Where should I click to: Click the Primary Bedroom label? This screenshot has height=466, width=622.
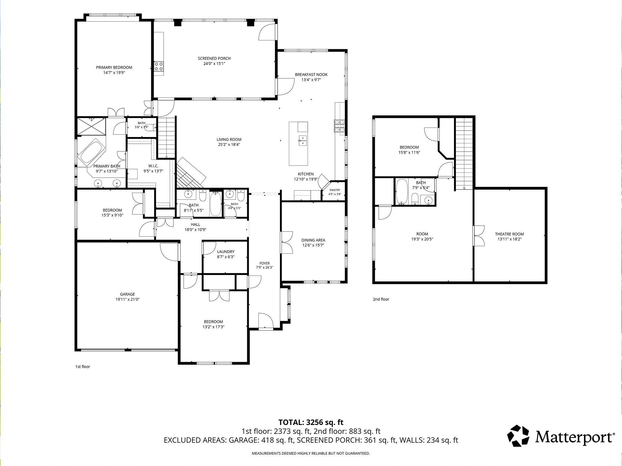tap(114, 67)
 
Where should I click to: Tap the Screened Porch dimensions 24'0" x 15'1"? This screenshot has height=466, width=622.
tap(214, 64)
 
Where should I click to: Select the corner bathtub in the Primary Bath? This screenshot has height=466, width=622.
tap(91, 152)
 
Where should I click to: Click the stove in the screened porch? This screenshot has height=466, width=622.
tap(159, 66)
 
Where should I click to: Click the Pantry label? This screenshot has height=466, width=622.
tap(335, 190)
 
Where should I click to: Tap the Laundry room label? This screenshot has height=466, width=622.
tap(226, 252)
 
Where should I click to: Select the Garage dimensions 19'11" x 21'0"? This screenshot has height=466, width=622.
tap(127, 299)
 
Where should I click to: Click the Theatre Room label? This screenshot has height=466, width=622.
tap(509, 234)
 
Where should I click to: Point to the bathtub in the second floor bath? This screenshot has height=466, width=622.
tap(402, 192)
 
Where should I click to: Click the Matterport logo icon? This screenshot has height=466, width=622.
tap(518, 436)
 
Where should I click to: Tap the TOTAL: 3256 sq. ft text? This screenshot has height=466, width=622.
tap(311, 422)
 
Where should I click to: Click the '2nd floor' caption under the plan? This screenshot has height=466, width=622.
tap(381, 299)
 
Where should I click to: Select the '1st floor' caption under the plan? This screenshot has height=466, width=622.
tap(83, 366)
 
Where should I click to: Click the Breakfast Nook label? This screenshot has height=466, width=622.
tap(311, 74)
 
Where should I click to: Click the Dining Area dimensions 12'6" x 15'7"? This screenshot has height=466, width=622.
tap(313, 245)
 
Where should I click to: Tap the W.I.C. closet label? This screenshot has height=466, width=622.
tap(153, 166)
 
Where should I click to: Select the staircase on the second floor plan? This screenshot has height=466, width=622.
tap(464, 153)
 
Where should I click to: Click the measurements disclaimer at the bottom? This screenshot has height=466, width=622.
tap(311, 453)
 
